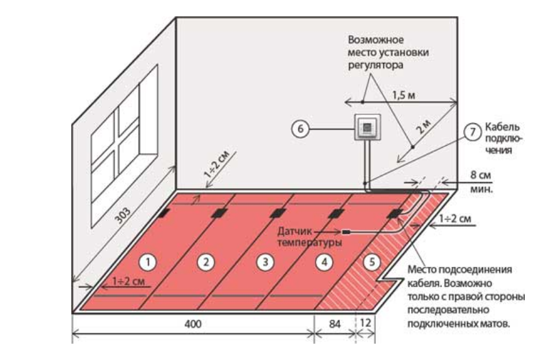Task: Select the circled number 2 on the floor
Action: (206, 261)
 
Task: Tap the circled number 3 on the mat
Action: (264, 261)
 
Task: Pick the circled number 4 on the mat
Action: (323, 261)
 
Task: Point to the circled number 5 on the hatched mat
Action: (372, 261)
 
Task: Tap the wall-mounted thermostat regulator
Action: (367, 128)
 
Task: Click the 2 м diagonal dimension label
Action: (424, 126)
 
